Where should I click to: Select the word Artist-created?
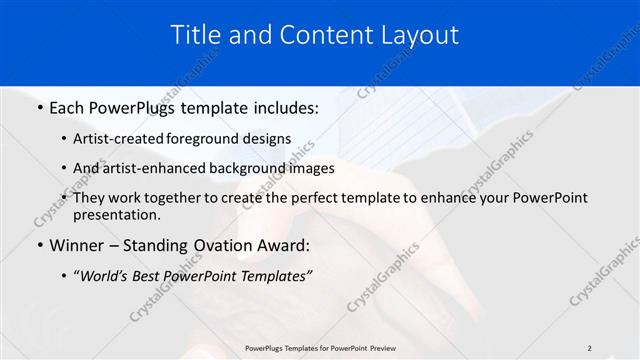click(x=123, y=139)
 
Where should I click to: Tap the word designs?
click(x=269, y=139)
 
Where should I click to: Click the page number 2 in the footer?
click(x=589, y=348)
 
